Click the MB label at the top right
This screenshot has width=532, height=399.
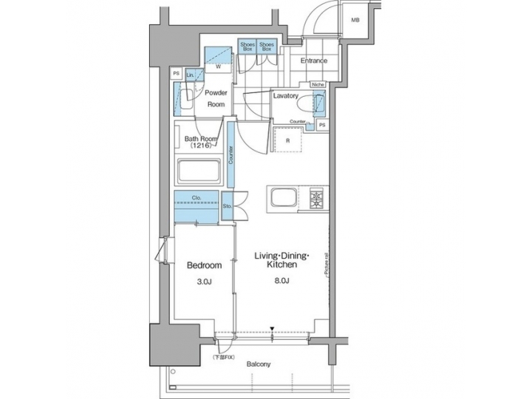tap(355, 20)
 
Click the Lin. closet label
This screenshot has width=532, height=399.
tap(191, 75)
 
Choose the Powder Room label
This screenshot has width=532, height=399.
tap(215, 98)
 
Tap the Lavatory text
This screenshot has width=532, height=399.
tap(285, 96)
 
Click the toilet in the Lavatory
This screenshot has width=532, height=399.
tap(321, 108)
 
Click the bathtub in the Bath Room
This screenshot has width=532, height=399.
tap(199, 173)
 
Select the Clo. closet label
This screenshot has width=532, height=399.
tap(197, 197)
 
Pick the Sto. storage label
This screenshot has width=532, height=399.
tap(227, 208)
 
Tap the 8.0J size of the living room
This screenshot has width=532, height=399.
tap(282, 281)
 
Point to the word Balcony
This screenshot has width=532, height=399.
tap(259, 364)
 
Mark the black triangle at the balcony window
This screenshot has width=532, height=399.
tap(272, 328)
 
